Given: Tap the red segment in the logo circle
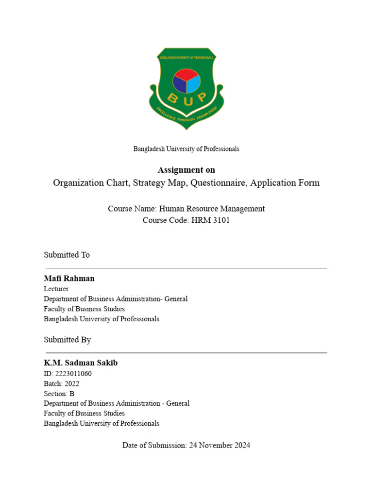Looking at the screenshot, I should (x=186, y=75).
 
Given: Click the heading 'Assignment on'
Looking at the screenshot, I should (x=186, y=170).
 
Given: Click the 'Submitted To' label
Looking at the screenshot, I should (x=67, y=255).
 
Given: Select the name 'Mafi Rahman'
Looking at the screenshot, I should (x=69, y=279).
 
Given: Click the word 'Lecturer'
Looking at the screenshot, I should (x=56, y=289).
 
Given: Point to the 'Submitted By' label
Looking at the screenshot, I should (x=67, y=340).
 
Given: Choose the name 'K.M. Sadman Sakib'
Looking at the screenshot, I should (x=81, y=363).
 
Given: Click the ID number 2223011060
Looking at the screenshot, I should (x=73, y=374).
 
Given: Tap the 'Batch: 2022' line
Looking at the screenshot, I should (x=61, y=383).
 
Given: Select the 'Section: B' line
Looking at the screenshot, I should (x=59, y=394).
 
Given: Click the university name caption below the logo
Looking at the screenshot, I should (x=186, y=149).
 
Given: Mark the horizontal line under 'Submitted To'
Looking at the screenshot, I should (x=186, y=268).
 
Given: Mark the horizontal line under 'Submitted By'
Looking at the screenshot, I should (x=186, y=353).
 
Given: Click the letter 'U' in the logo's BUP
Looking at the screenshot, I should (x=186, y=100).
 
